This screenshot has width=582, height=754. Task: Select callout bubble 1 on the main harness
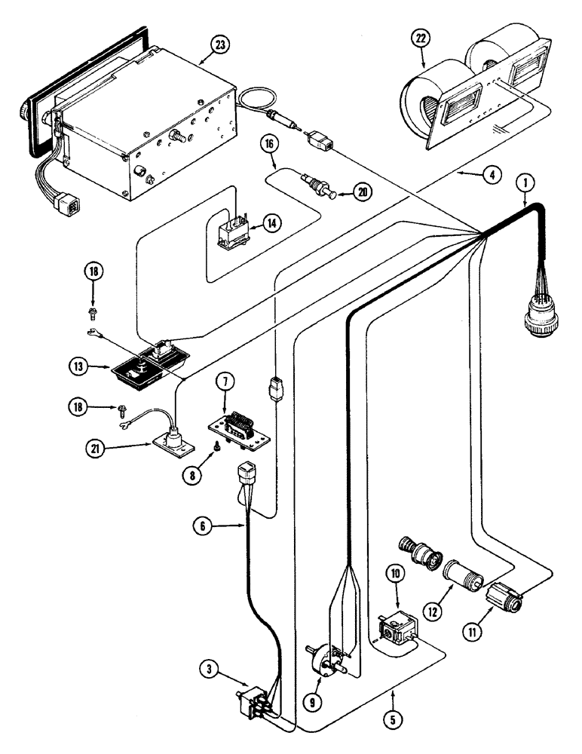527,182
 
